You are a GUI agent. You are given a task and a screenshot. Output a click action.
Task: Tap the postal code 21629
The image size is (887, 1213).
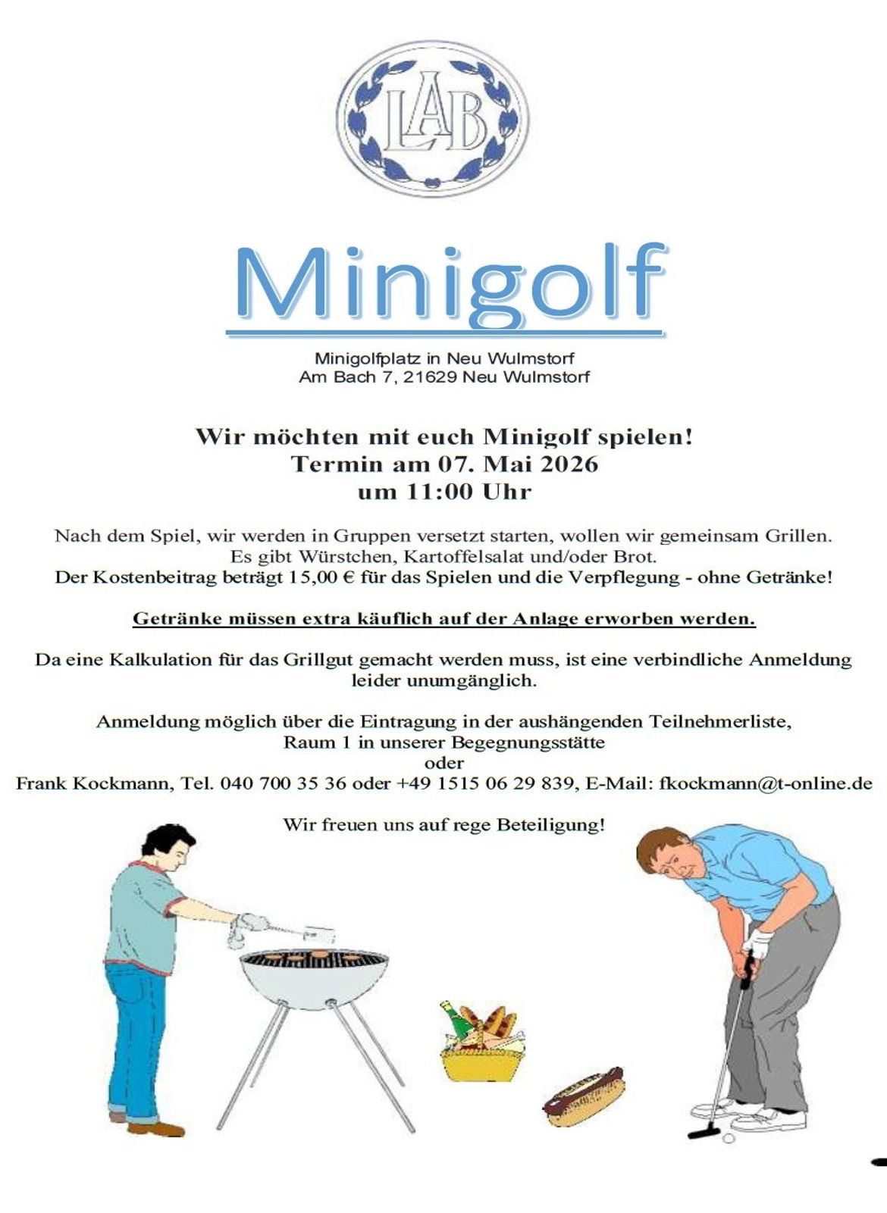coord(430,377)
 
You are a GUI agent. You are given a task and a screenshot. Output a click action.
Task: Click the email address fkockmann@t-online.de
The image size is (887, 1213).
coord(766,783)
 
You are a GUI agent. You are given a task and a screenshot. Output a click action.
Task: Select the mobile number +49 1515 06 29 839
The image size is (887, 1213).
coord(485,783)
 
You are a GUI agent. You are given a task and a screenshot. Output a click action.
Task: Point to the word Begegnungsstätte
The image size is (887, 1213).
coord(528,742)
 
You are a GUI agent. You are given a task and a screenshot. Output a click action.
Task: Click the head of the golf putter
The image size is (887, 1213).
coord(698,1134)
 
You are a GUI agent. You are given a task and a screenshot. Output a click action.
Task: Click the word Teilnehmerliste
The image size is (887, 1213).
coord(719,721)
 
